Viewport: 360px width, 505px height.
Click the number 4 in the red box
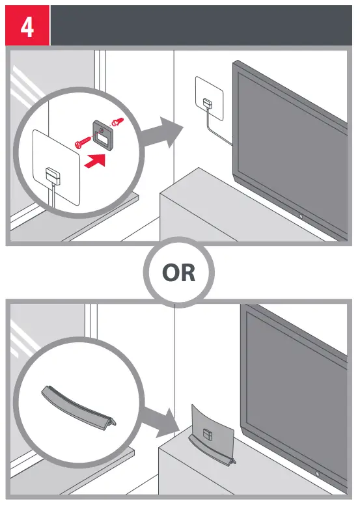27,27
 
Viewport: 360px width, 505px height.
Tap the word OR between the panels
178,272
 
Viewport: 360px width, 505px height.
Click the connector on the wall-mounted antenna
207,103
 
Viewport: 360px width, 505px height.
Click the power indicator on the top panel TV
299,215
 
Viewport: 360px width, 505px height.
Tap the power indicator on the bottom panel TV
317,472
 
